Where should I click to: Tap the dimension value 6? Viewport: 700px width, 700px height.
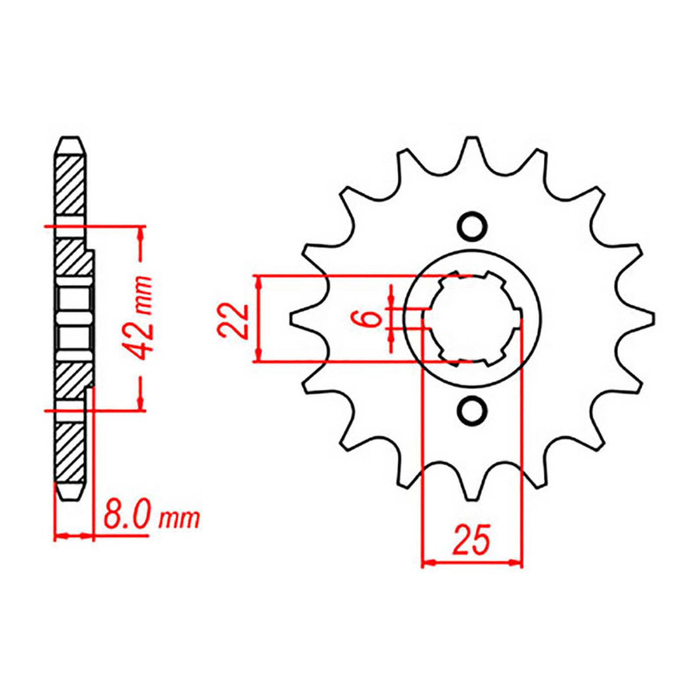371,318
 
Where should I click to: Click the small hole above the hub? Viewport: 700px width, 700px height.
472,226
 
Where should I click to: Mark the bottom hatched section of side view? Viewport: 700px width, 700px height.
70,453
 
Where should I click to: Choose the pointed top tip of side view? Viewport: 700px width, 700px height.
70,139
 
